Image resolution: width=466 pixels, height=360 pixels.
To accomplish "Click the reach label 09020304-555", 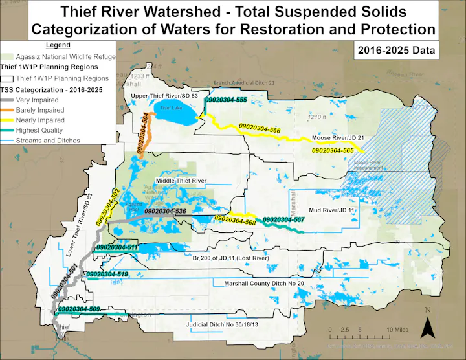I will pyautogui.click(x=226, y=100).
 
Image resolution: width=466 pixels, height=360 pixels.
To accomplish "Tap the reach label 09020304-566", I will pyautogui.click(x=260, y=130).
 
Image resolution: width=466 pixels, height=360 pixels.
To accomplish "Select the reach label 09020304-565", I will pyautogui.click(x=333, y=150).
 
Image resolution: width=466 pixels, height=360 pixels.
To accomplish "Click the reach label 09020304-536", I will pyautogui.click(x=165, y=212).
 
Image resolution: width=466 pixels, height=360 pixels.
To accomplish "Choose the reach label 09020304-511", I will pyautogui.click(x=117, y=248).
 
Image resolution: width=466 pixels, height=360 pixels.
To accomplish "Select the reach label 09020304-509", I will pyautogui.click(x=79, y=309).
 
